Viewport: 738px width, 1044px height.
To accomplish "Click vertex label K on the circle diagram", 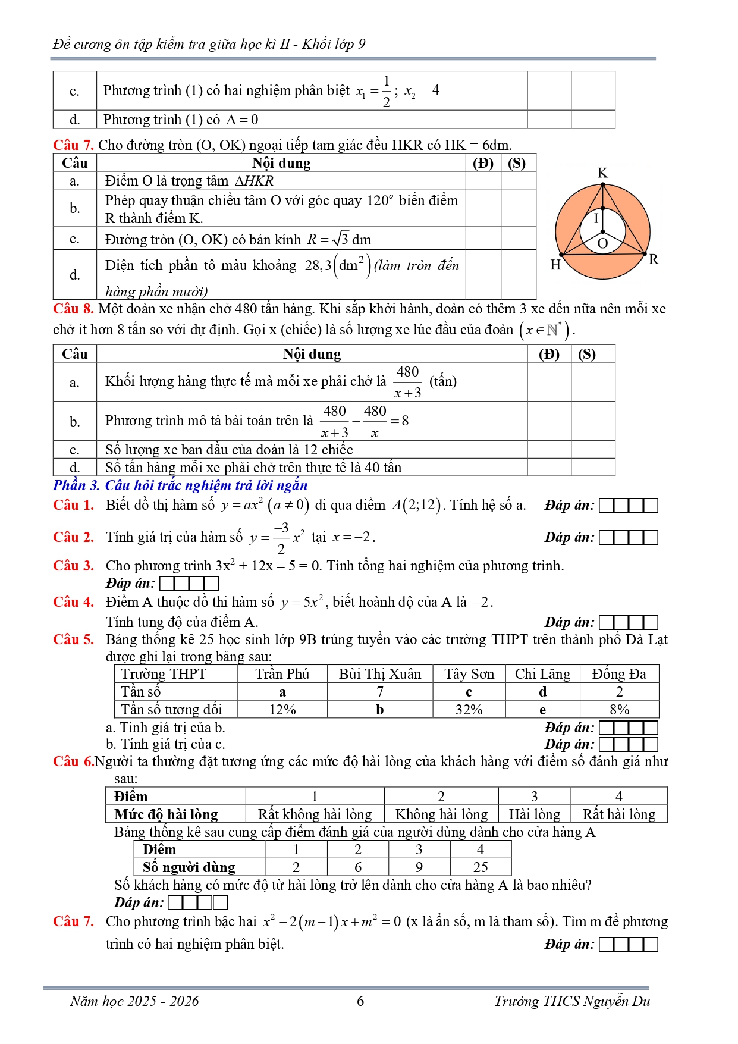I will (602, 173).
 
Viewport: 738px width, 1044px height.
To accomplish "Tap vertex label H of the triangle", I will (555, 265).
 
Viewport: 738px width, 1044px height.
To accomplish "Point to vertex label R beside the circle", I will (654, 259).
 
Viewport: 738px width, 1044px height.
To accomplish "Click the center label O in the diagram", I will (602, 243).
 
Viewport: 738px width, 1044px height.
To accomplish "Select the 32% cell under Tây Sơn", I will (469, 710).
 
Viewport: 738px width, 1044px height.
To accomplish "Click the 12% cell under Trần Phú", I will (282, 710).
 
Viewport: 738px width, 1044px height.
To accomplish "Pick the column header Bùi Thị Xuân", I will (379, 674).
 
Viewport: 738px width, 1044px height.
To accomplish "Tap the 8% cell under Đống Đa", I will (619, 710).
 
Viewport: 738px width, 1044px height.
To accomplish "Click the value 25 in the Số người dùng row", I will (481, 867).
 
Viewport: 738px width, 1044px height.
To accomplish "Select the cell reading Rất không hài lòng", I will (315, 814).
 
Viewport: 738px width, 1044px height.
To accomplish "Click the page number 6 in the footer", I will (360, 1001).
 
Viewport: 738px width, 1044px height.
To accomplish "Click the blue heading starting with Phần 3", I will (180, 485).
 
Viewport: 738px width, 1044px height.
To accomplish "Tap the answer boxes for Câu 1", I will (628, 506).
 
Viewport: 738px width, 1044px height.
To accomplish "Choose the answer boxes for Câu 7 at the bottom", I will (628, 945).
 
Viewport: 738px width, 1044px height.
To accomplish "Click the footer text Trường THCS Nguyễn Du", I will (572, 1001).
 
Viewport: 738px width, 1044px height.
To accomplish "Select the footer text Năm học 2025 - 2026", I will (134, 1001).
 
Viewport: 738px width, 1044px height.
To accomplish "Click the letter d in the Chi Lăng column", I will (542, 692).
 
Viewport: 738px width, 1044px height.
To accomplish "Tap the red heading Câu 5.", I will (73, 639).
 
